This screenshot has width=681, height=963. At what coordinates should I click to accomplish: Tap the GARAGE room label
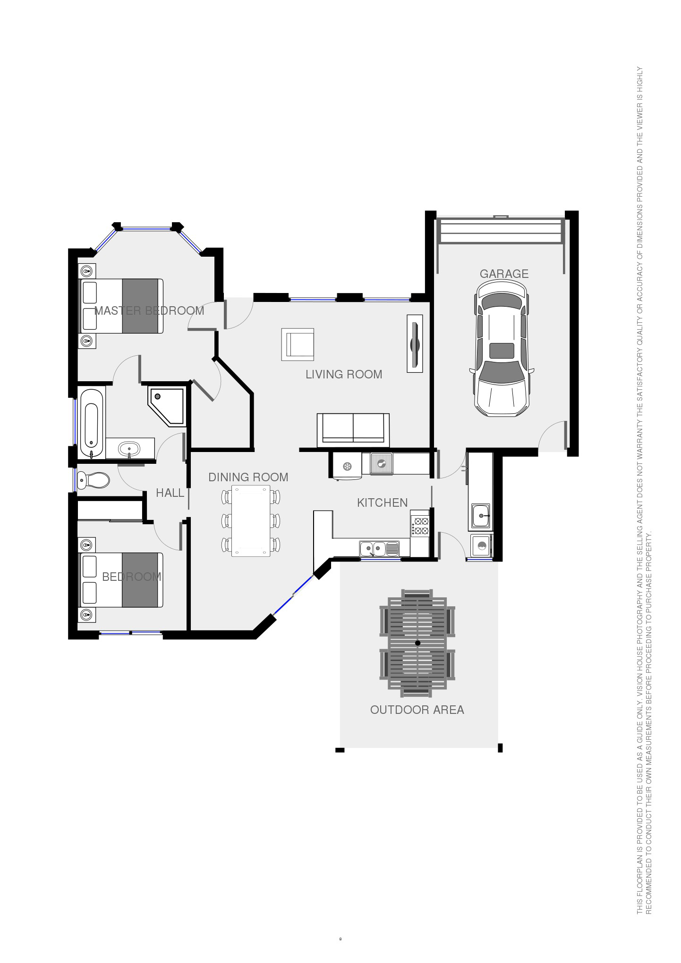click(504, 274)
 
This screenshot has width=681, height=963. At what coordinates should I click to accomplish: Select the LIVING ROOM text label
click(344, 374)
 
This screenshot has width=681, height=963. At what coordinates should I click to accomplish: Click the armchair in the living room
click(298, 344)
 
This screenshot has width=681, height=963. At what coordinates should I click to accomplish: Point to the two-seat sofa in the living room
click(353, 429)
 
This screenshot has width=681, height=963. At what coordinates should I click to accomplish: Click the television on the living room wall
click(415, 343)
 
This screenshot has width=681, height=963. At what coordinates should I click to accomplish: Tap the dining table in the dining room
click(251, 520)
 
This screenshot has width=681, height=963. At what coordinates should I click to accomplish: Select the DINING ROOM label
click(248, 477)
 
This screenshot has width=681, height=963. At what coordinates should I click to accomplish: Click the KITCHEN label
click(382, 502)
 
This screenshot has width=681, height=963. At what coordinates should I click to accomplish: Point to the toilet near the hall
click(94, 480)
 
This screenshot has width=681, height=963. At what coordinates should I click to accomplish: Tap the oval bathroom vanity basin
click(129, 448)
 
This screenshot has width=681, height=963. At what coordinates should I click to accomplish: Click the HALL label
click(170, 493)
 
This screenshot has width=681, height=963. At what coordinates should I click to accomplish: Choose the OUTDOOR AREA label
click(417, 710)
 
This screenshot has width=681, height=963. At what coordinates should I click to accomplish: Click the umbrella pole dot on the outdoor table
click(417, 643)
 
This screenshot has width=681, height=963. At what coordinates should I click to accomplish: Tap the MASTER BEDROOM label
click(149, 310)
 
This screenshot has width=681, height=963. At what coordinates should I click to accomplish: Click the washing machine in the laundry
click(481, 546)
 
